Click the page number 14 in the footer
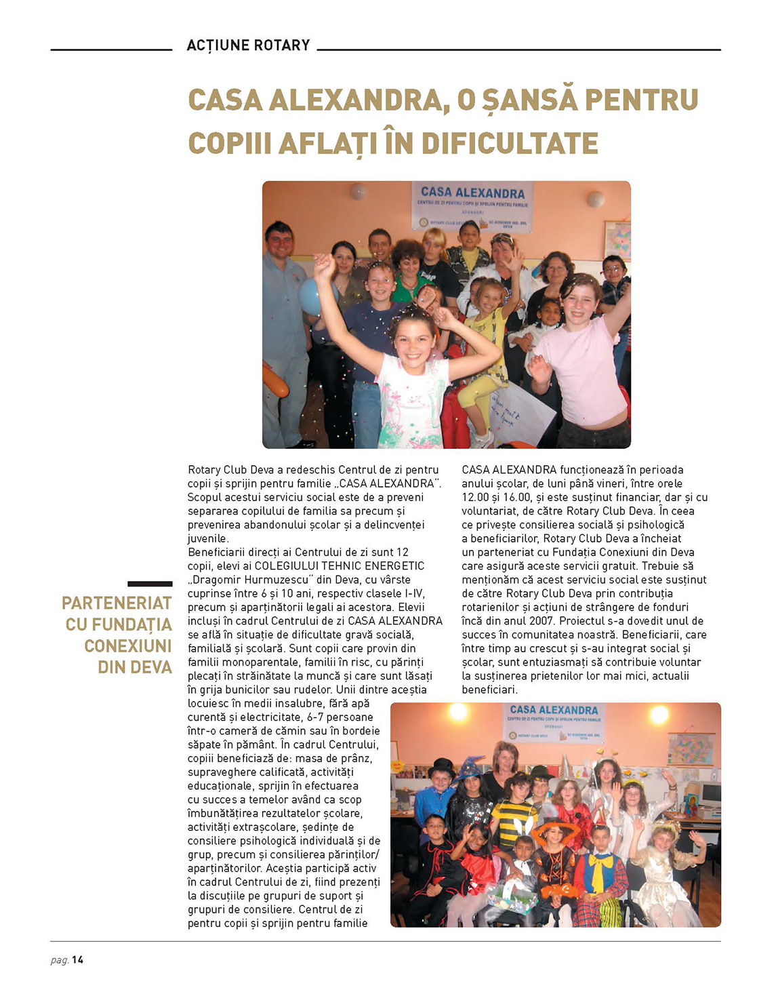coord(78,959)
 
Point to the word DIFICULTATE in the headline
coord(510,144)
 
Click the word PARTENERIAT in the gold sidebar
coord(117,603)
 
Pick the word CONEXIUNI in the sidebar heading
coord(128,646)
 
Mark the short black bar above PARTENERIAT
coord(150,583)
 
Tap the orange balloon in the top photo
coord(275,380)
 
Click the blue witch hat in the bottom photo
coord(470,768)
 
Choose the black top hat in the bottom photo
coord(442,768)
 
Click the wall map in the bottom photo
coord(690,749)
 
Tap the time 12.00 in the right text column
coord(475,497)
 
